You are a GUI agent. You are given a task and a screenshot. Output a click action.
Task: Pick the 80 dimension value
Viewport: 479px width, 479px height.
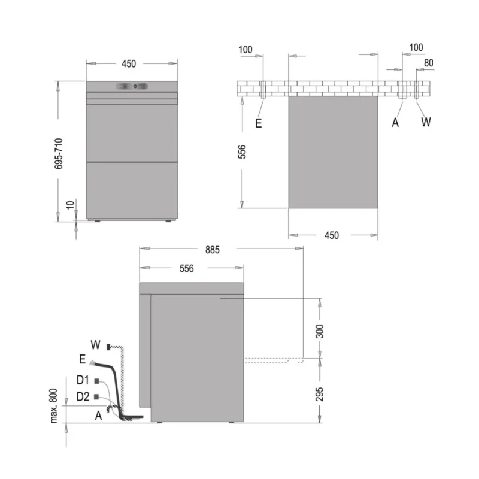pos(429,63)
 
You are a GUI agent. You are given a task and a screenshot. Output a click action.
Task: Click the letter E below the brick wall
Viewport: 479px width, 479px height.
pos(258,123)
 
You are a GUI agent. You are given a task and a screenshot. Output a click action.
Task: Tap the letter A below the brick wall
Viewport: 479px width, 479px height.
pos(395,123)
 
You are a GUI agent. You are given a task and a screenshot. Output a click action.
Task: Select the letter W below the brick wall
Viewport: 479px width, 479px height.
pos(426,123)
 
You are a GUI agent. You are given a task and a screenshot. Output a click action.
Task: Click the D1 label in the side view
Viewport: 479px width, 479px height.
pos(82,380)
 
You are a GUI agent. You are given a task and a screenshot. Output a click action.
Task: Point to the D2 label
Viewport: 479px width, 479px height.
pos(83,397)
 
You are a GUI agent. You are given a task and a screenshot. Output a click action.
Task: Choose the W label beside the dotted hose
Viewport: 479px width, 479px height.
pos(95,344)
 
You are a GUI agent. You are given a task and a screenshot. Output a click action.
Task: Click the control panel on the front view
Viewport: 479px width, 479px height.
pos(132,87)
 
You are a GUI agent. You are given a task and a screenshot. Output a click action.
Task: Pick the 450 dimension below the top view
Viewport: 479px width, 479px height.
pos(331,235)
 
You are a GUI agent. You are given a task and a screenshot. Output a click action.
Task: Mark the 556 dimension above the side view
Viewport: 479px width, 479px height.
pos(186,269)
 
